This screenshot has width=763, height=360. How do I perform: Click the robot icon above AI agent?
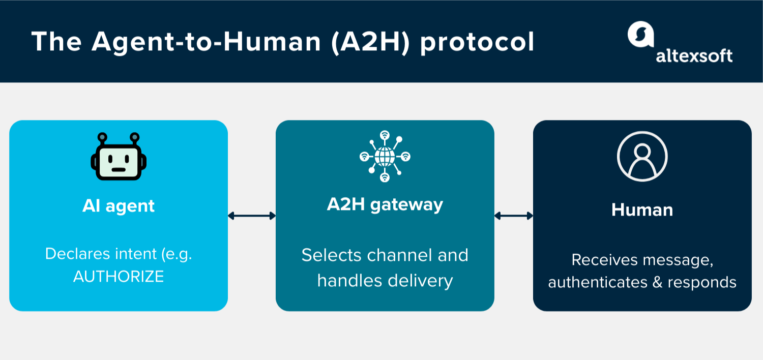(x=119, y=157)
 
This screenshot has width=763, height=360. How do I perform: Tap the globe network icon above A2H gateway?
(x=385, y=156)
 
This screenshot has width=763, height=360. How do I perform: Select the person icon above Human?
(x=642, y=157)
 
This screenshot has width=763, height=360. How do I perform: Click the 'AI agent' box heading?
(x=119, y=206)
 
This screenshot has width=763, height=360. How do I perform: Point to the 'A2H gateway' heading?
(x=385, y=204)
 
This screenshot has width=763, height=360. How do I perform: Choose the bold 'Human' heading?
(x=642, y=209)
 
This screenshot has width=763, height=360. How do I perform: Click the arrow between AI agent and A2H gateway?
(x=252, y=216)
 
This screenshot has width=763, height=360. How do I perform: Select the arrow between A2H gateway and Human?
(x=514, y=216)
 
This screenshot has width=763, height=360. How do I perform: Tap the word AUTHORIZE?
(x=119, y=276)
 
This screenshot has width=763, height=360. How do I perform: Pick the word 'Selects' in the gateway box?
(x=332, y=255)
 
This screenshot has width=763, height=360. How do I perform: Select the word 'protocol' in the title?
(x=477, y=42)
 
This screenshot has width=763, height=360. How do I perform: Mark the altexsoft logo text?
(x=694, y=55)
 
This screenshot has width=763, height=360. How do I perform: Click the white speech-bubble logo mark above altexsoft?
(x=640, y=35)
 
